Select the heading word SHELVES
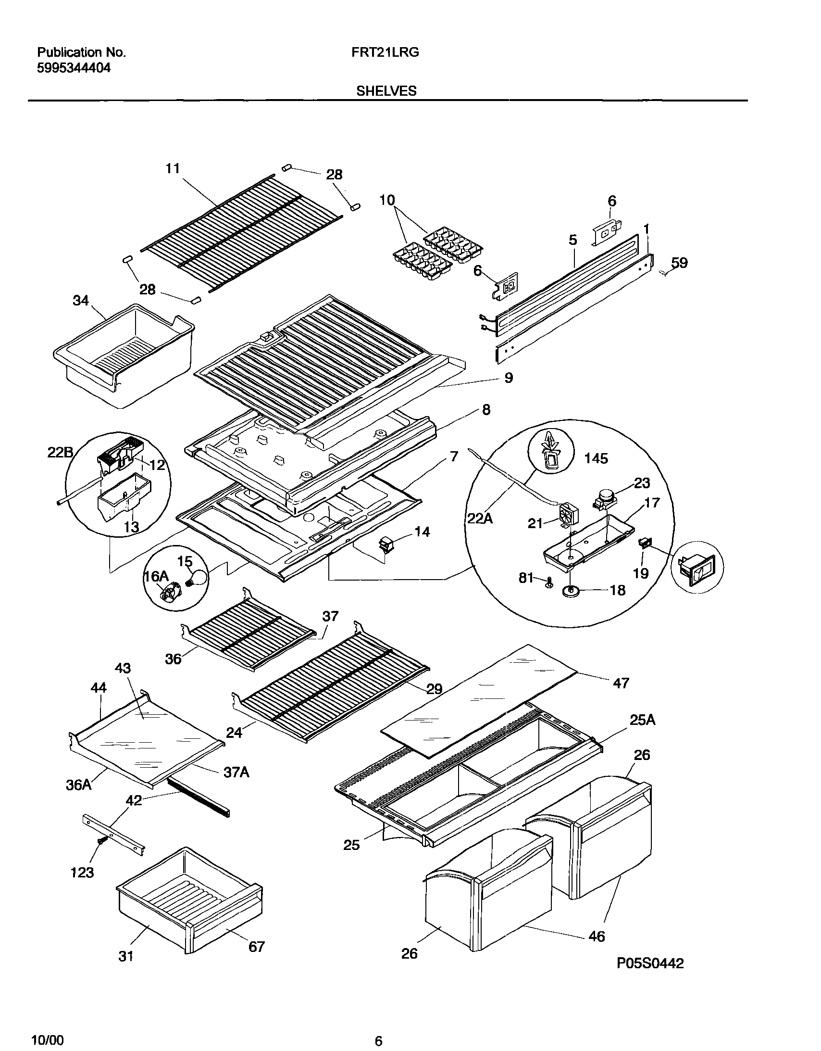[x=386, y=91]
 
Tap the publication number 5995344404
[x=74, y=68]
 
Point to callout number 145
[x=596, y=458]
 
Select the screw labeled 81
[x=549, y=584]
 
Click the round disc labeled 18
[x=571, y=592]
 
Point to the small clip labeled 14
[x=386, y=545]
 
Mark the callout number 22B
[x=61, y=453]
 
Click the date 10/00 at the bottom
[x=47, y=1036]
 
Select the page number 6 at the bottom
[x=378, y=1038]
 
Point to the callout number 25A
[x=643, y=720]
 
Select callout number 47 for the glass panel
[x=621, y=683]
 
